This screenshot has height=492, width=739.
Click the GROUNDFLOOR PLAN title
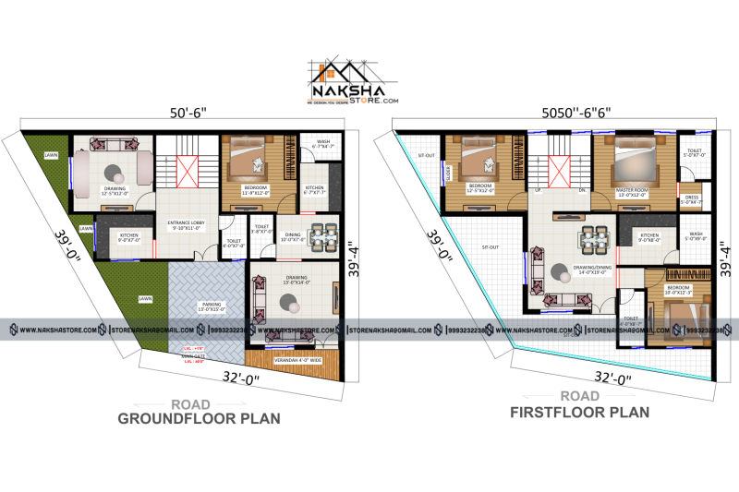pyautogui.click(x=199, y=418)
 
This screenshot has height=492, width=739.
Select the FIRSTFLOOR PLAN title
pyautogui.click(x=579, y=413)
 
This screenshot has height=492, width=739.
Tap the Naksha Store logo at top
pyautogui.click(x=354, y=84)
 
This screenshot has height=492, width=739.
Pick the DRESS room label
pyautogui.click(x=692, y=198)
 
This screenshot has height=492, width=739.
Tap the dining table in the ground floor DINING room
pyautogui.click(x=321, y=237)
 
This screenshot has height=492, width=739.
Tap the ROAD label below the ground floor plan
pyautogui.click(x=190, y=404)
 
